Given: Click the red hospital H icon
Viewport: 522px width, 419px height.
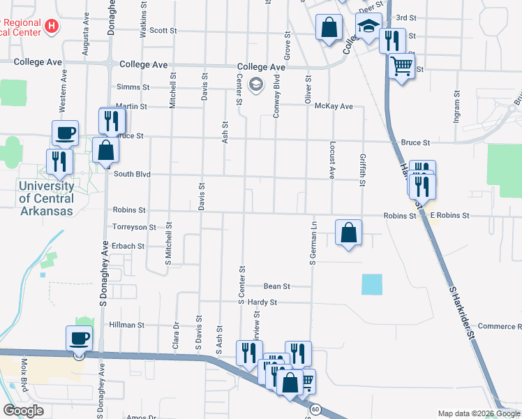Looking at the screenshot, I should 50,27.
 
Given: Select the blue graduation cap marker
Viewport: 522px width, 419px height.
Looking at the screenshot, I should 369,27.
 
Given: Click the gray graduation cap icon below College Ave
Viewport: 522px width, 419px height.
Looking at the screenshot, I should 256,85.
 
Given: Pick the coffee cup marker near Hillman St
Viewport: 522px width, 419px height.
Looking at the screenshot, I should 79,339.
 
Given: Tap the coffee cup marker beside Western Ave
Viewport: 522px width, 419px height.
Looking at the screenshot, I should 65,132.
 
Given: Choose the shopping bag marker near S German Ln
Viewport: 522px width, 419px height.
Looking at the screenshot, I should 348,233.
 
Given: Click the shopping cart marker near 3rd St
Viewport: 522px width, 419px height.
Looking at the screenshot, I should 401,68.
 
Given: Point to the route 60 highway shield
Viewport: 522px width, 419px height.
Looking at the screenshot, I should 316,409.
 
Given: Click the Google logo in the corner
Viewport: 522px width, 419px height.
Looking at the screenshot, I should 23,411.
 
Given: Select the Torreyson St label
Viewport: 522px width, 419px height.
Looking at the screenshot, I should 134,228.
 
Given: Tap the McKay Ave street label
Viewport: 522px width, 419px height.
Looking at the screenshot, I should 334,106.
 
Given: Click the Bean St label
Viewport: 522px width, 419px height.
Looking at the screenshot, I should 276,286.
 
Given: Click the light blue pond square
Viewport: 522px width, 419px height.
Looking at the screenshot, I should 372,284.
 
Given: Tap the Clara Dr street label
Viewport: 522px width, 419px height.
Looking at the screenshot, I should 176,336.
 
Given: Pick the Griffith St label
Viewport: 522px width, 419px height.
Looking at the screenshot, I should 362,170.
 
